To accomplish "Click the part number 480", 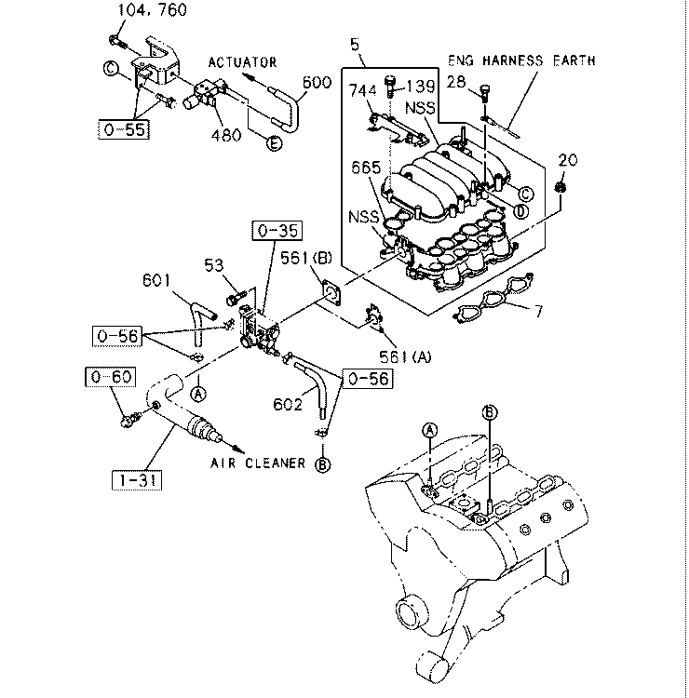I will coord(225,134).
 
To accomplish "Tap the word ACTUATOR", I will coord(242,62).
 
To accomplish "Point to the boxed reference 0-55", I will coord(124,129).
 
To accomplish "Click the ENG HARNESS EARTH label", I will coord(521,60).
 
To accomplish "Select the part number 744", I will coord(363,90).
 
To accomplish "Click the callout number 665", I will coord(367,168).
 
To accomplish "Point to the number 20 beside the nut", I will coord(567,160).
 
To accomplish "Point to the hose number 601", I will coord(156,279).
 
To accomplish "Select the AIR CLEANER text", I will coord(256,463).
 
